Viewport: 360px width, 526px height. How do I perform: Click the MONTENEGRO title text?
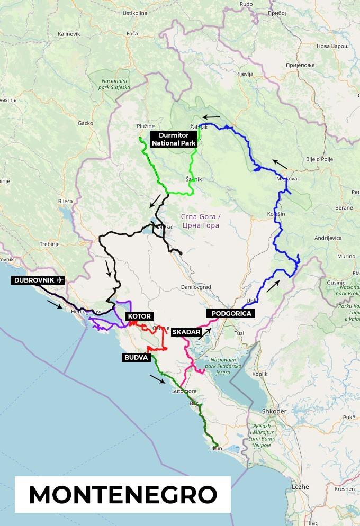pos(123,494)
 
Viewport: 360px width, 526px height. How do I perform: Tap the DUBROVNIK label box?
pos(38,280)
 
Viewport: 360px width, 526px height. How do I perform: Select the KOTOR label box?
pos(139,316)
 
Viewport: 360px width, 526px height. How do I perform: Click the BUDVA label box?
pos(136,357)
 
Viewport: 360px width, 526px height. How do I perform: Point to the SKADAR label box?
pos(186,332)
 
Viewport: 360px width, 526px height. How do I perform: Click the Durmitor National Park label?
pos(174,139)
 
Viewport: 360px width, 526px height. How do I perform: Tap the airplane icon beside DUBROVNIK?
pos(59,280)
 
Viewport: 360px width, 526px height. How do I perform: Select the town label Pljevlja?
pos(245,74)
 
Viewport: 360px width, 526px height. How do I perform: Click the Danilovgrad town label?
pos(196,287)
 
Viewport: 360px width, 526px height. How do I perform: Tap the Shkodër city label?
pos(274,411)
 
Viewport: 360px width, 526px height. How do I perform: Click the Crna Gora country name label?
pos(200,221)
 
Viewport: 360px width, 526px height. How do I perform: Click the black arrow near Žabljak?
pos(212,117)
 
